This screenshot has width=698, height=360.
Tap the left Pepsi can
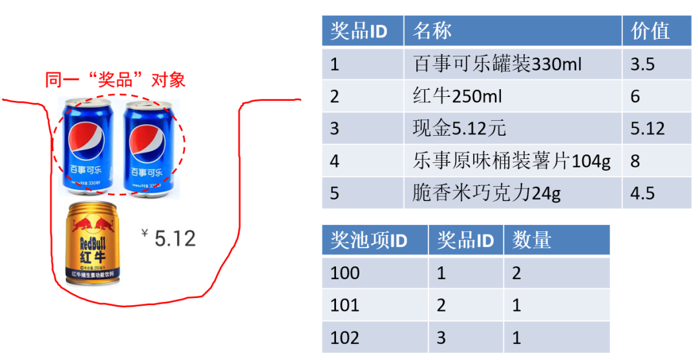pos(87,146)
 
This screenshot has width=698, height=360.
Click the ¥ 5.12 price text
pos(169,238)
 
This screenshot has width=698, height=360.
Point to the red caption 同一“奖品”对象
pos(115,80)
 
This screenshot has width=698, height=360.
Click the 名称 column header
pos(432,30)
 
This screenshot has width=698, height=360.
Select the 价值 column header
pos(650,30)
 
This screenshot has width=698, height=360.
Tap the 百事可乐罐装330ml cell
pos(497,63)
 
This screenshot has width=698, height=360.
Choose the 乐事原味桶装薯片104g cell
pos(511,160)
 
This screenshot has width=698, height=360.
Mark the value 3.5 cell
pos(642,63)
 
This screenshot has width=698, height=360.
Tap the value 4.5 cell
pos(642,193)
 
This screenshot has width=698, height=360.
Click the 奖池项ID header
pos(368,240)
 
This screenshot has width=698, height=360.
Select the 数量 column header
pos(531,240)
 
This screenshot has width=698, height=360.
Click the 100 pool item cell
pos(345,272)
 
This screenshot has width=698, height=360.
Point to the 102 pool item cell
pos(345,337)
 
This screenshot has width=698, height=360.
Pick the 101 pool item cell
pos(345,304)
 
